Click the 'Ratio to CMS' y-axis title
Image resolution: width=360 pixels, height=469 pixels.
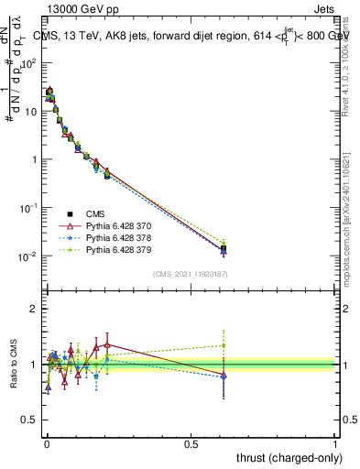click(15, 365)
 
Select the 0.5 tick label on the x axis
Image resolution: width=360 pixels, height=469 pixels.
click(191, 443)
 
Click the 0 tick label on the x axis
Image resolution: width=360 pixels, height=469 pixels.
click(47, 443)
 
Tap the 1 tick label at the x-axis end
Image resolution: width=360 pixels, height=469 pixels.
click(335, 443)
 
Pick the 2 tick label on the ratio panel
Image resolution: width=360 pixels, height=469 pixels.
click(36, 309)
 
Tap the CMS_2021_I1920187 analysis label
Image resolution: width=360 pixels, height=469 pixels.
click(191, 274)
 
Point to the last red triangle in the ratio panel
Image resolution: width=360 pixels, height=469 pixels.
click(224, 376)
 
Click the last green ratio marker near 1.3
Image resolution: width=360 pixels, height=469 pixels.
click(224, 345)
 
